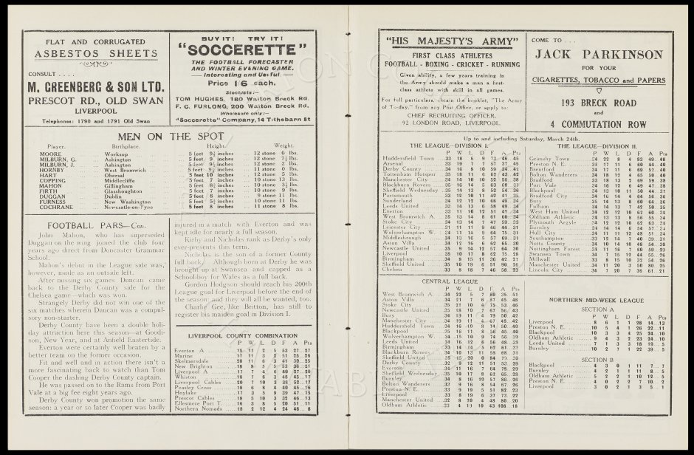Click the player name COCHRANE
pos(62,208)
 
